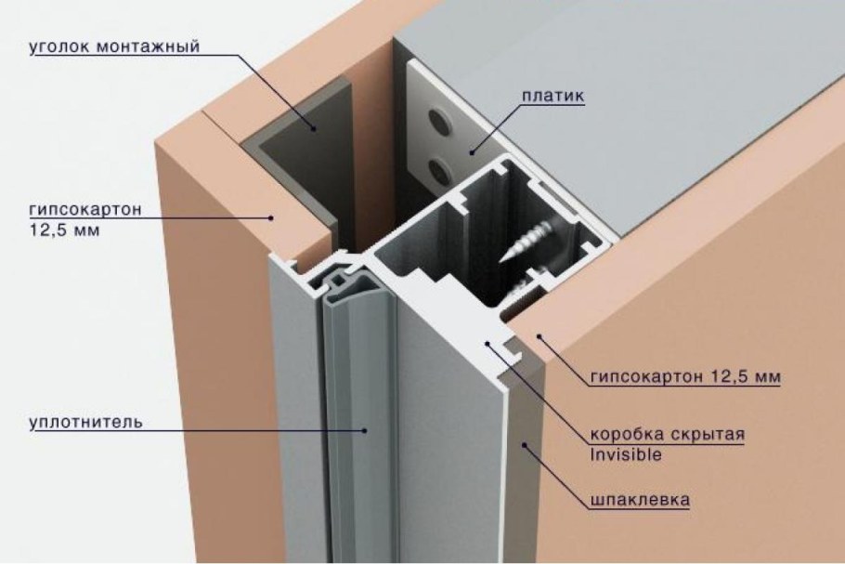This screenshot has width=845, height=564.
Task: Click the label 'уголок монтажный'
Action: tap(114, 46)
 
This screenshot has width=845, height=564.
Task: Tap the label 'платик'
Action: tap(552, 96)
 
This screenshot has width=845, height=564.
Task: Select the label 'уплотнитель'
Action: tap(85, 421)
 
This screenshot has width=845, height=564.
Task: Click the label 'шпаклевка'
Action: tap(640, 500)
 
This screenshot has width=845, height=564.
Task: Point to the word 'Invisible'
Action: tap(626, 454)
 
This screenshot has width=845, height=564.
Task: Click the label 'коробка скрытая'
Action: tap(667, 434)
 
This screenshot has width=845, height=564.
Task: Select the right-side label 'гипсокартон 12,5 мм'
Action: tap(685, 375)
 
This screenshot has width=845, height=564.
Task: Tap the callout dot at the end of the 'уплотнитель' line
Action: tap(365, 430)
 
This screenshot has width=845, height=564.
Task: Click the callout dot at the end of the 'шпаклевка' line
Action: tap(524, 445)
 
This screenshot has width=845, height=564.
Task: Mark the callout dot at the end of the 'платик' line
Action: tap(471, 152)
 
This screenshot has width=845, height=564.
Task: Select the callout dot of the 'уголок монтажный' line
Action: tap(313, 128)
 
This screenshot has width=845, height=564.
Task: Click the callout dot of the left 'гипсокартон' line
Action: tap(271, 217)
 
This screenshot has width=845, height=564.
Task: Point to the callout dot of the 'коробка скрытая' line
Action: tap(487, 342)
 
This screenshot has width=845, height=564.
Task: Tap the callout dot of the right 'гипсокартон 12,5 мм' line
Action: tap(538, 337)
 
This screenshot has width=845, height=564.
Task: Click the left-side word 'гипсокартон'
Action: tap(85, 209)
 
